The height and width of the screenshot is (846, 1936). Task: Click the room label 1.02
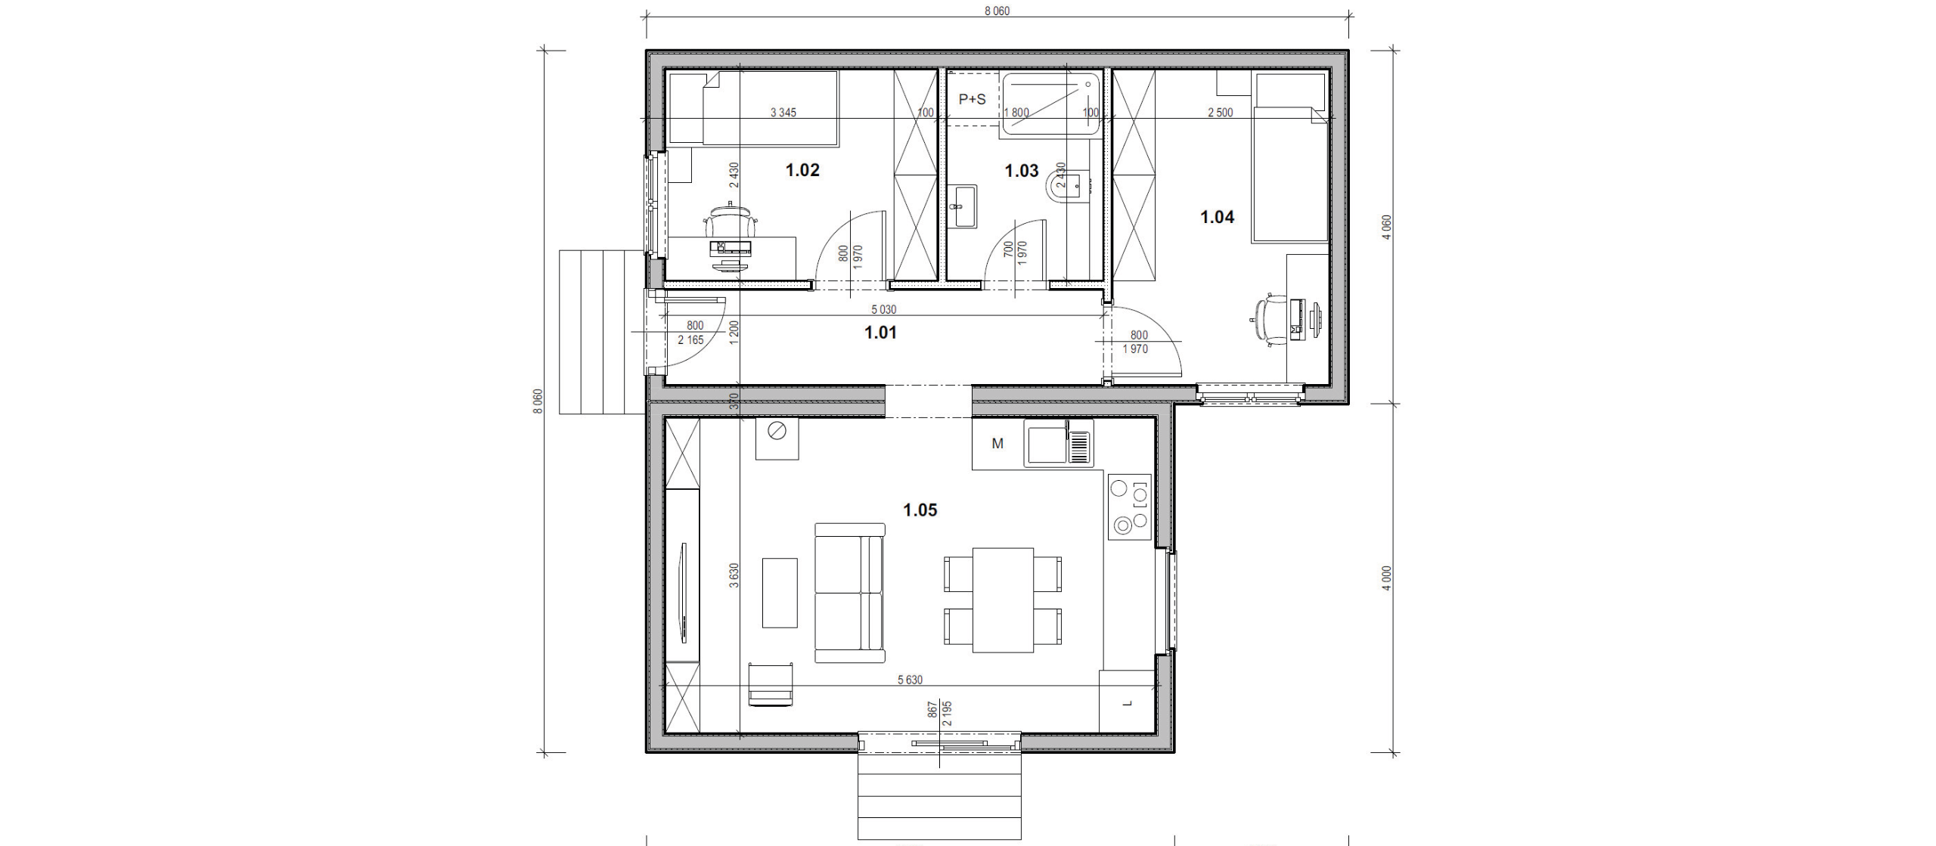point(802,170)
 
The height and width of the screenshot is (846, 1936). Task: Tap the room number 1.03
point(1021,171)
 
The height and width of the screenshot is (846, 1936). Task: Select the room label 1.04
point(1217,217)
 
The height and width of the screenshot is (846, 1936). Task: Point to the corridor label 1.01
point(880,332)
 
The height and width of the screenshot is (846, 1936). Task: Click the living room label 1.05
point(920,510)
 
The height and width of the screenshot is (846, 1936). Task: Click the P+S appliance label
point(972,99)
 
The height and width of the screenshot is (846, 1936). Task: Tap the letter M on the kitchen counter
point(997,444)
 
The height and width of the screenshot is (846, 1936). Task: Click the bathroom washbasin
point(963,206)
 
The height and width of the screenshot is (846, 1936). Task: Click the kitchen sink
point(1059,443)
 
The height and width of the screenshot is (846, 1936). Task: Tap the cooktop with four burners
point(1130,507)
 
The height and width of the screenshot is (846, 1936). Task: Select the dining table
point(1003,600)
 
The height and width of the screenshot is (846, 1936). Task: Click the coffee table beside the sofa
point(780,593)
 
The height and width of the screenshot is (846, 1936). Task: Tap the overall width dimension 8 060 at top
point(997,11)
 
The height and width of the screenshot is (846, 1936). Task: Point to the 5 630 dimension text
point(910,680)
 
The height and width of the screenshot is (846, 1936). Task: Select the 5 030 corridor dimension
point(883,309)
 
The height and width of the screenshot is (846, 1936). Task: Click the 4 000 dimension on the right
point(1386,578)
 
